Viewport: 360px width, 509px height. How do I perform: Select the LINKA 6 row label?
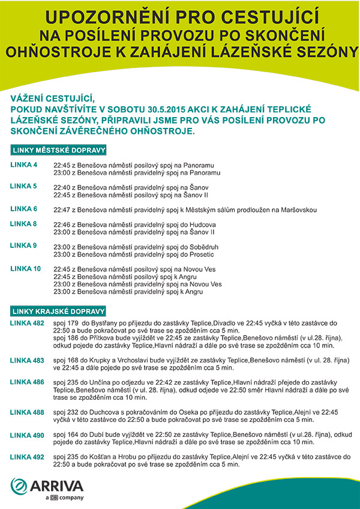click(23, 209)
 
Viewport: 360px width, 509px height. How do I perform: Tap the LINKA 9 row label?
click(23, 245)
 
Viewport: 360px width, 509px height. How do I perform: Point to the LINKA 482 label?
click(27, 323)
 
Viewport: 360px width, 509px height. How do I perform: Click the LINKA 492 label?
click(27, 457)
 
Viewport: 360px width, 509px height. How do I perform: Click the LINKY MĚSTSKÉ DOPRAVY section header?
click(59, 149)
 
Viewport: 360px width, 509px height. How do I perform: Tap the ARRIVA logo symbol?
click(21, 485)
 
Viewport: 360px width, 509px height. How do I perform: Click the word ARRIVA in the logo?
click(58, 485)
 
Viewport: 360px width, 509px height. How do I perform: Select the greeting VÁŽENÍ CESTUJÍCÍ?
click(53, 98)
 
